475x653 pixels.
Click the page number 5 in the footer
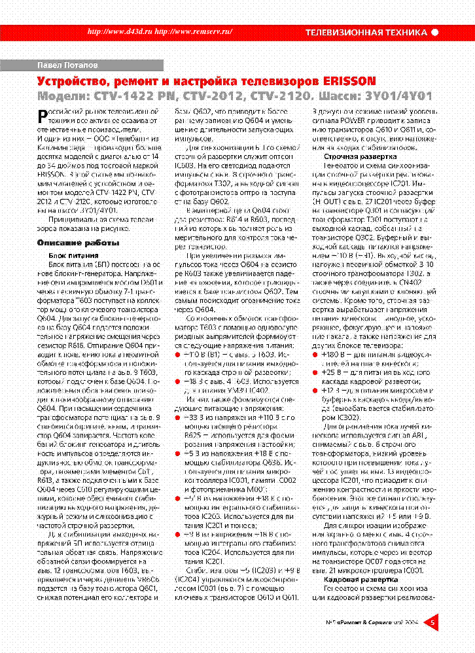tap(432, 623)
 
